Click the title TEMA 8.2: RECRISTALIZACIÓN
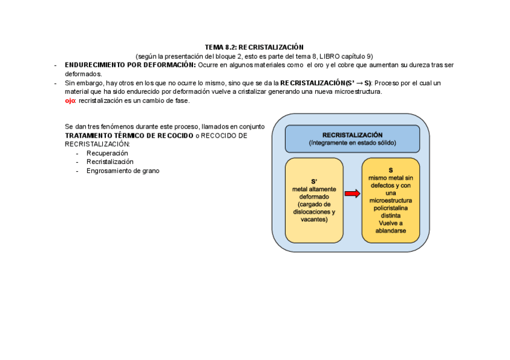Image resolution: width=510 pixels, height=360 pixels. point(254,47)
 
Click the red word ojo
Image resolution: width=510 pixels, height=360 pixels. point(70,101)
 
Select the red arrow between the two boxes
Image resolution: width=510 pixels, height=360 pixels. point(352,194)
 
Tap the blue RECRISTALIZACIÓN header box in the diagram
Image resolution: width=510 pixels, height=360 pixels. point(352,139)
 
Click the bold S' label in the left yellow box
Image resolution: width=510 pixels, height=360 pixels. point(314,182)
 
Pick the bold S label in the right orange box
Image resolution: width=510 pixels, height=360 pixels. point(390,170)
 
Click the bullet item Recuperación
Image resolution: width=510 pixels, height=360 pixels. point(107,153)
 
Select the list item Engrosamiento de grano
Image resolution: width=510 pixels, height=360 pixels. point(123,171)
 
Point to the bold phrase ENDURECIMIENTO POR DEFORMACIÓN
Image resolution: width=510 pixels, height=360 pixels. point(130,65)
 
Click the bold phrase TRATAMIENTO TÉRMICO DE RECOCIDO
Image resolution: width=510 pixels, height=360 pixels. point(129,136)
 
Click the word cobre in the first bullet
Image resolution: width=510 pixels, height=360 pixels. point(350,65)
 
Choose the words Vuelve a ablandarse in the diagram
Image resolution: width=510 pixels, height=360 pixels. point(390,227)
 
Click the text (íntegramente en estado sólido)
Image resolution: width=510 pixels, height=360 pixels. point(352,143)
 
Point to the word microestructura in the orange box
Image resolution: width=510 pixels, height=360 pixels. point(390,200)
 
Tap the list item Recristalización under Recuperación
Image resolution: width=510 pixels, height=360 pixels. point(110,162)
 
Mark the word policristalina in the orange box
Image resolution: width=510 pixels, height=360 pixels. point(390,208)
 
